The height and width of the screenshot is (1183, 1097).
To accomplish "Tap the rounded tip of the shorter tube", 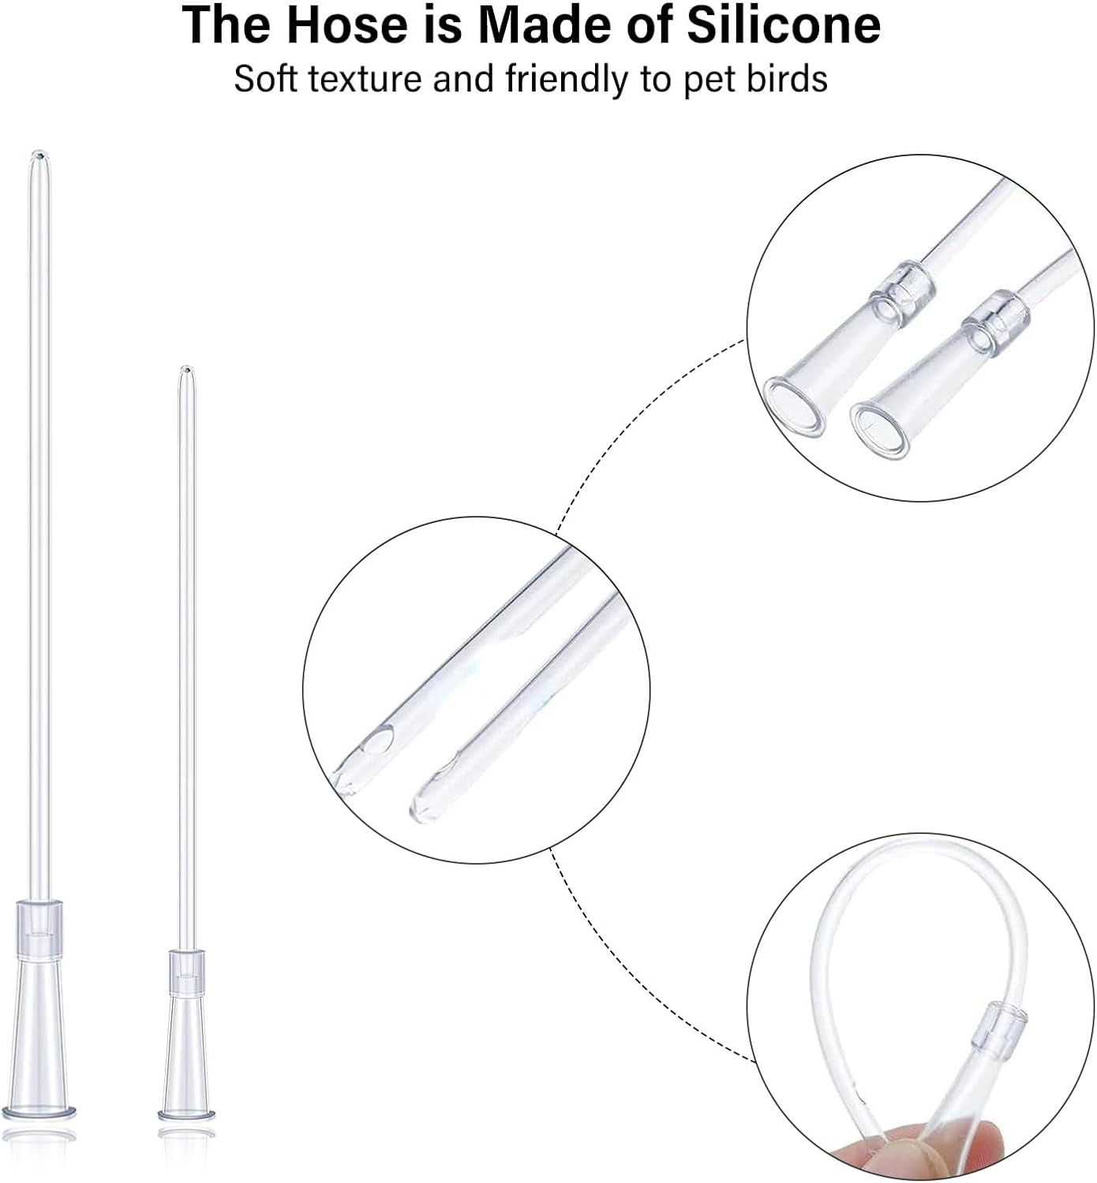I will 185,371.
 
